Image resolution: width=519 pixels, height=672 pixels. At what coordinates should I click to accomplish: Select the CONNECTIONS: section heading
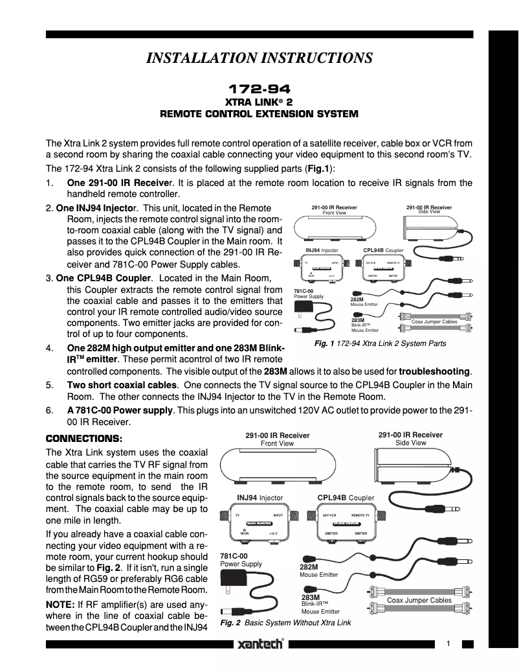click(83, 439)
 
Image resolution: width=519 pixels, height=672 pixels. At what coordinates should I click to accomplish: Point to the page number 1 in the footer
click(448, 643)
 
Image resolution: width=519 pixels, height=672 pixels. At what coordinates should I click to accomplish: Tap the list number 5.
click(49, 384)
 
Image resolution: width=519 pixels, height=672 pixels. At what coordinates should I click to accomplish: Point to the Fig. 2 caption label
click(231, 623)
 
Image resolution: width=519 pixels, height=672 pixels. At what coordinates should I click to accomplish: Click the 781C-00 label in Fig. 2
click(234, 556)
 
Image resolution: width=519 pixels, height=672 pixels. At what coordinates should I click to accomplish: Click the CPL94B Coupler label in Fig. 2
click(349, 498)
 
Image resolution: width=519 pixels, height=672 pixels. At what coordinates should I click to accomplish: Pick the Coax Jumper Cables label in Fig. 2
click(419, 601)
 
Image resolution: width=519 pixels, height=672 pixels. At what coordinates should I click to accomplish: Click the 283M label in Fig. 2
click(311, 597)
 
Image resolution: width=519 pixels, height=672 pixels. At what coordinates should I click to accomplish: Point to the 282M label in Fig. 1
click(357, 299)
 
